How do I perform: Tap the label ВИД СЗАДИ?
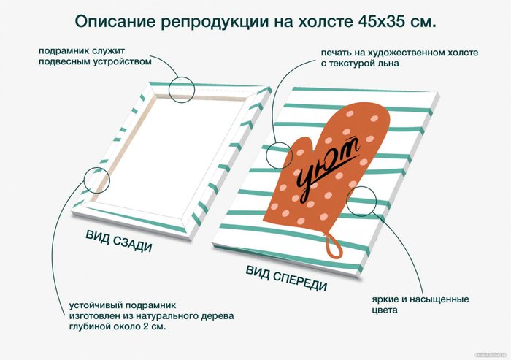coord(119,242)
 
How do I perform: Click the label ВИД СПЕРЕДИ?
coord(286,278)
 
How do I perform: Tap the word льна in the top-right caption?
coord(387,63)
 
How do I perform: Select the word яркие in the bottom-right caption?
coord(385,299)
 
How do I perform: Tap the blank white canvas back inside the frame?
coord(169,153)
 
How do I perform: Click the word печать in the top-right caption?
coord(337,53)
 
